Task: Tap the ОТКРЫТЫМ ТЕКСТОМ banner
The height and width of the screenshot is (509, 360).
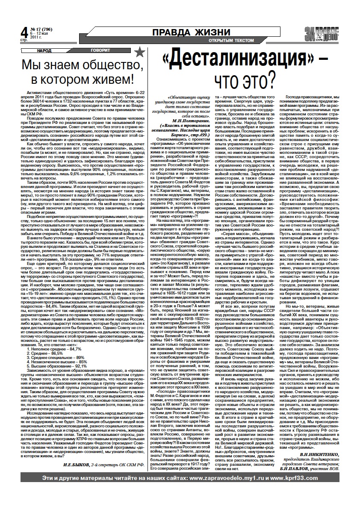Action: (231, 41)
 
